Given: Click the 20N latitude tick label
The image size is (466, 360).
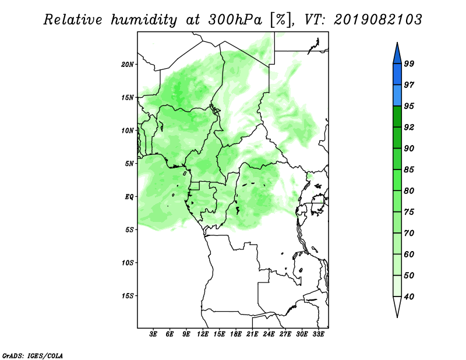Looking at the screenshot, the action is [127, 65].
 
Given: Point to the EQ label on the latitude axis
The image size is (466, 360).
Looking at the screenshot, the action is [129, 197].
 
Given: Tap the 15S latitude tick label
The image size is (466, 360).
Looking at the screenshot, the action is [127, 296].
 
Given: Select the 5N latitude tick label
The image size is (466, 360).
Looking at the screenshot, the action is [129, 164].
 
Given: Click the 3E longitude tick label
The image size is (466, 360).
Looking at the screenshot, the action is [153, 334].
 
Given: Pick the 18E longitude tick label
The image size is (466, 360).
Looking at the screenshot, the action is [236, 334].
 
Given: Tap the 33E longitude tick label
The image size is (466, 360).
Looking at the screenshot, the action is [318, 334].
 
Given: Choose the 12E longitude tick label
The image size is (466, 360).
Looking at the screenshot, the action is [203, 334].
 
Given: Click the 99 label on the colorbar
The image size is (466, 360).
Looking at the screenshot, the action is [409, 63].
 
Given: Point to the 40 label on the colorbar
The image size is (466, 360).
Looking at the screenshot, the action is [409, 297].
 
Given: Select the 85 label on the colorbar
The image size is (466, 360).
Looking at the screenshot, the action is [409, 170].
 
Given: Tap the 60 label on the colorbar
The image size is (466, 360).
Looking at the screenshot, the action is [409, 254].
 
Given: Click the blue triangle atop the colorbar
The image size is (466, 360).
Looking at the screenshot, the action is [397, 55].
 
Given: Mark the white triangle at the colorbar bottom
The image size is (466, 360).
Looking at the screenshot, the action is [397, 305].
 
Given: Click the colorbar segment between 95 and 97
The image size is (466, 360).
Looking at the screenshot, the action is [397, 96].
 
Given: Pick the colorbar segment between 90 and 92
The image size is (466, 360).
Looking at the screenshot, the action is [397, 137].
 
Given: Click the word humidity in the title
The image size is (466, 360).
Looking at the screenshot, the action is [144, 20].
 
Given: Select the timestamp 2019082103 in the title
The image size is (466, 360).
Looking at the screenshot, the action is [378, 20].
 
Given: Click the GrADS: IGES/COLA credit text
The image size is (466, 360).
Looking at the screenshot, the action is [33, 355].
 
